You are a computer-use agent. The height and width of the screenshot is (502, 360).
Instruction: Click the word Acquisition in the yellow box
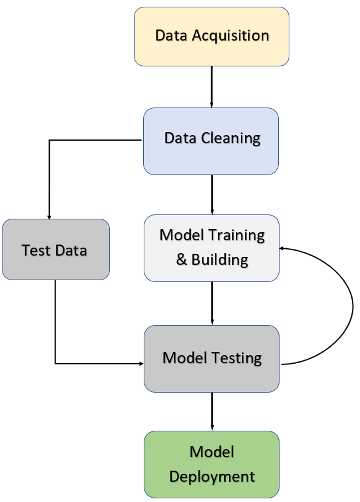pyautogui.click(x=230, y=36)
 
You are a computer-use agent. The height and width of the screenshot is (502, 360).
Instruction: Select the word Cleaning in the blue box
pyautogui.click(x=230, y=138)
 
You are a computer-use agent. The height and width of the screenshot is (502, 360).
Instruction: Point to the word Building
pyautogui.click(x=220, y=260)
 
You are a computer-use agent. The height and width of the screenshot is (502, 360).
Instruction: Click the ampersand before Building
pyautogui.click(x=181, y=260)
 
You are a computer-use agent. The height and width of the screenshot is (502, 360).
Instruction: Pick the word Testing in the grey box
pyautogui.click(x=236, y=358)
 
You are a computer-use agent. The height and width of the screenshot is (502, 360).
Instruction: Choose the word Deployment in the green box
pyautogui.click(x=212, y=476)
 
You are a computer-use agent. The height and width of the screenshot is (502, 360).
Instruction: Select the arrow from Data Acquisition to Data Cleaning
pyautogui.click(x=211, y=86)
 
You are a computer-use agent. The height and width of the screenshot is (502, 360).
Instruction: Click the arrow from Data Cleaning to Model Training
pyautogui.click(x=212, y=194)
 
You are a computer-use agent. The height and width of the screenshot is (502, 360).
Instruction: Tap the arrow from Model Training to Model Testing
pyautogui.click(x=212, y=302)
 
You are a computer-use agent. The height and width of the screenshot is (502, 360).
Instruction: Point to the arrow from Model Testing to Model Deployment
pyautogui.click(x=212, y=410)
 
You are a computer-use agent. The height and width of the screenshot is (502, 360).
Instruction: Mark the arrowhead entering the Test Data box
pyautogui.click(x=49, y=217)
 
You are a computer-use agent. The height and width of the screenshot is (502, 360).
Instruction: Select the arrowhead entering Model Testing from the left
pyautogui.click(x=141, y=364)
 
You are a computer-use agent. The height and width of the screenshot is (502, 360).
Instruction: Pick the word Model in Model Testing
pyautogui.click(x=182, y=358)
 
